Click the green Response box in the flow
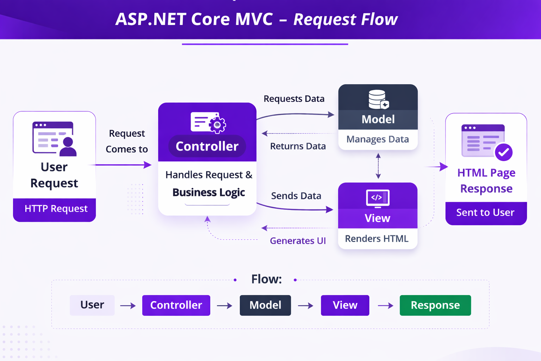[435, 305]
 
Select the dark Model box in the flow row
[265, 305]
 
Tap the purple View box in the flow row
[345, 305]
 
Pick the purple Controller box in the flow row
[176, 305]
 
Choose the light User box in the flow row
[92, 305]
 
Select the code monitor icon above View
[377, 198]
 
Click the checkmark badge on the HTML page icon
[503, 152]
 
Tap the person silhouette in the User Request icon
[68, 147]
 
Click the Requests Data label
[294, 99]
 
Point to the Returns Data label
[298, 146]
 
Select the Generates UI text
[298, 241]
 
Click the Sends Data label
[296, 196]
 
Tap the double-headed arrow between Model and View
[378, 166]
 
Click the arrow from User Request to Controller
[122, 165]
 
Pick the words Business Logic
[209, 192]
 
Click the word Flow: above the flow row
[266, 279]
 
